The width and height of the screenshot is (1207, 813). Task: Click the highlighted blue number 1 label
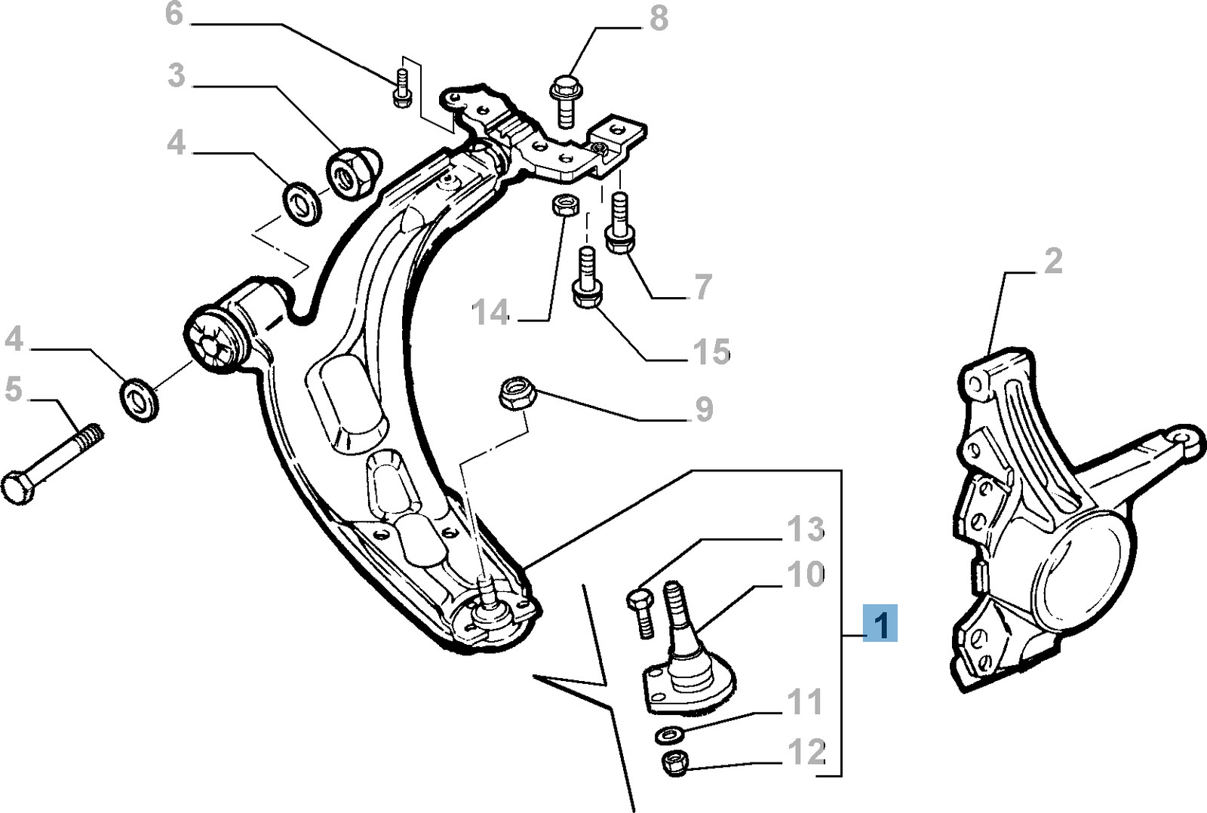(880, 623)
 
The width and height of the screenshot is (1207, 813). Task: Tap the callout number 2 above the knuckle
(1052, 261)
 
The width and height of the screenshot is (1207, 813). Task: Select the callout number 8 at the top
(659, 18)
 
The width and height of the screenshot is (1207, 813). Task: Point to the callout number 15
(711, 351)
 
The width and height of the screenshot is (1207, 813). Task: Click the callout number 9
(704, 410)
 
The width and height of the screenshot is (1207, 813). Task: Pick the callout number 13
(806, 529)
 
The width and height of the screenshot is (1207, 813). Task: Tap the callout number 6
(174, 14)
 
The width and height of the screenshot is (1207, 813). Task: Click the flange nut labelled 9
(518, 394)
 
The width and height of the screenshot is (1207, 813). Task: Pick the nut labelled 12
(673, 763)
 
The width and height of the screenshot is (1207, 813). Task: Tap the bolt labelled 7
(619, 223)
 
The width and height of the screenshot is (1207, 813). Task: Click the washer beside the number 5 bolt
(139, 399)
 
